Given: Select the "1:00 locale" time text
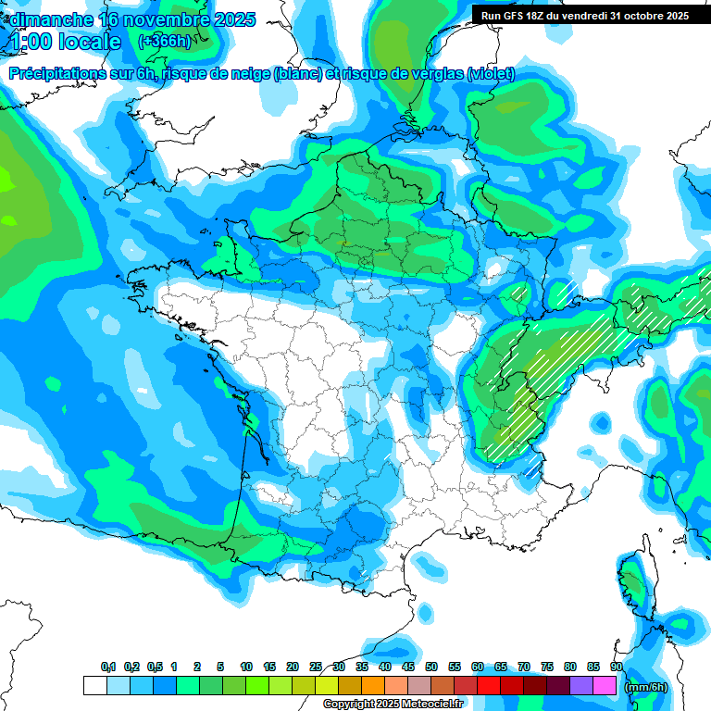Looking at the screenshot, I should tap(66, 42).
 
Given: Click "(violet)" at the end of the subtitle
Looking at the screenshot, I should tap(491, 74).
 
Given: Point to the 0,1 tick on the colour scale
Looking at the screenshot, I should tap(107, 667).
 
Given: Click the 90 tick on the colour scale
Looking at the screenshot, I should tap(617, 667).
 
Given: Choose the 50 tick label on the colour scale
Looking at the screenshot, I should tap(431, 667).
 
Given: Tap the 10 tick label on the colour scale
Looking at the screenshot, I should tap(246, 667).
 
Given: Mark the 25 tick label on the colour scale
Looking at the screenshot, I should tap(316, 667).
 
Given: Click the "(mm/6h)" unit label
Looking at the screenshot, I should tap(645, 686).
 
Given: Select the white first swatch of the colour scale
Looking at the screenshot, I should tap(94, 685).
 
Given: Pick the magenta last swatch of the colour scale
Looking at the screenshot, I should tap(605, 685).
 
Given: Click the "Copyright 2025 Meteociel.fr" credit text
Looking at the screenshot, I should tap(392, 704).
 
